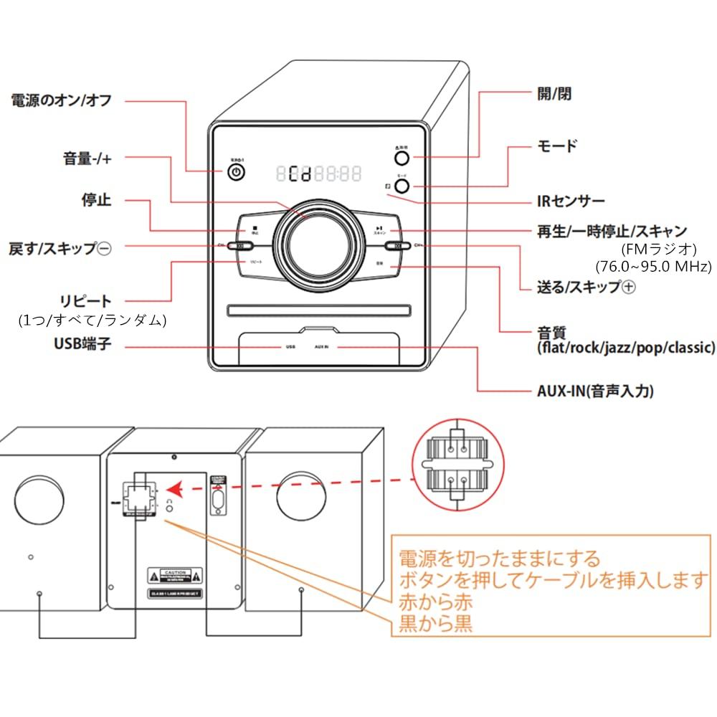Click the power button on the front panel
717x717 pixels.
237,173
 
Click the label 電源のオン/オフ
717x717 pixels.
62,100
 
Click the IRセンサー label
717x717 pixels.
571,201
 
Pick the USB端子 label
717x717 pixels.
83,345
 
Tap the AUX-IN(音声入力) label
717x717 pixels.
595,391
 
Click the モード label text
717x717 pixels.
557,146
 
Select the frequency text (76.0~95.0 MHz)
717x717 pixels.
653,266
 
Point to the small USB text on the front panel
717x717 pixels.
290,347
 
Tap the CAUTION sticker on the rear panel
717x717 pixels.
175,575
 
